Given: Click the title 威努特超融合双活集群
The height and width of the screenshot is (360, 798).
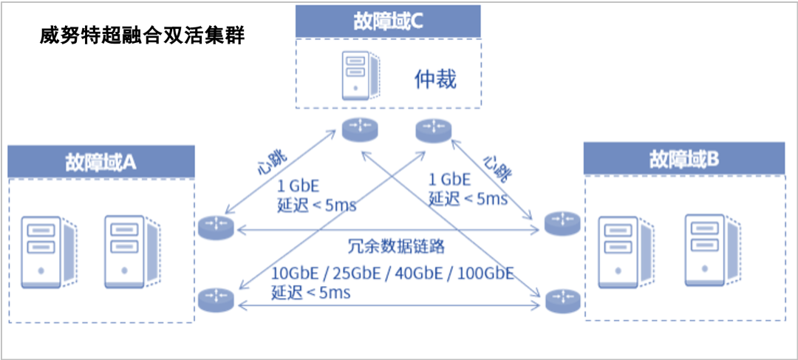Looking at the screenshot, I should [x=142, y=36].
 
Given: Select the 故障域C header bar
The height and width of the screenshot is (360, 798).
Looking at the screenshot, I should [x=388, y=21].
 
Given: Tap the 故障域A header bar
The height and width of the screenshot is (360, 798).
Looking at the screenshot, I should [x=100, y=161].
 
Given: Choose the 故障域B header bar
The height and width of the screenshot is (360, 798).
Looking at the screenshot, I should [x=683, y=158].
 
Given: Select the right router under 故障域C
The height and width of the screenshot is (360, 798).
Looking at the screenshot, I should [x=433, y=130].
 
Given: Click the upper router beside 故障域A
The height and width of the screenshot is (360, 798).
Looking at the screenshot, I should [x=216, y=227].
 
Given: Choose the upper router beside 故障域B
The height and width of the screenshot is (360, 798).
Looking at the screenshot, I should [x=562, y=223].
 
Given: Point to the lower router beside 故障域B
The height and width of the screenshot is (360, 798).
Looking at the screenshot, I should [x=562, y=300].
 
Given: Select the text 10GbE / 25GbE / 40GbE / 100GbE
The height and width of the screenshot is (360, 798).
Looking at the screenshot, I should [x=392, y=273].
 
